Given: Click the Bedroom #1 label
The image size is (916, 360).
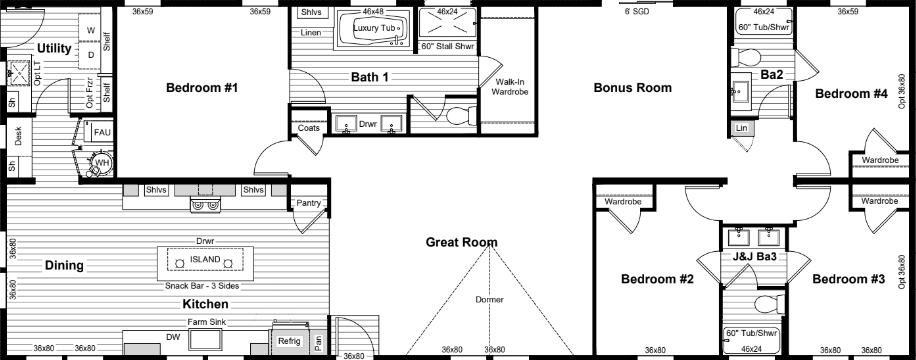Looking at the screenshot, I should [x=201, y=88].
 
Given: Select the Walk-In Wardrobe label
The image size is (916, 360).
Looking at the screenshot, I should [x=511, y=87].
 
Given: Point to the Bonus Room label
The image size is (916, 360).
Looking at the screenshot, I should [x=632, y=88].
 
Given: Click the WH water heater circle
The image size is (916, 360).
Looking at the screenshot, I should [x=100, y=162].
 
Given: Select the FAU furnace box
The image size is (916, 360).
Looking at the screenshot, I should [x=102, y=132].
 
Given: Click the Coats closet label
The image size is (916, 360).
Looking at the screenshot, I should [x=307, y=129].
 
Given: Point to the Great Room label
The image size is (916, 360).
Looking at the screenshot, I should [x=461, y=242].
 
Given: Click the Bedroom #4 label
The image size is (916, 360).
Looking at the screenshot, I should [x=851, y=94].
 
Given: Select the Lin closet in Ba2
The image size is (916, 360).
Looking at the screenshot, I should [x=741, y=129].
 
